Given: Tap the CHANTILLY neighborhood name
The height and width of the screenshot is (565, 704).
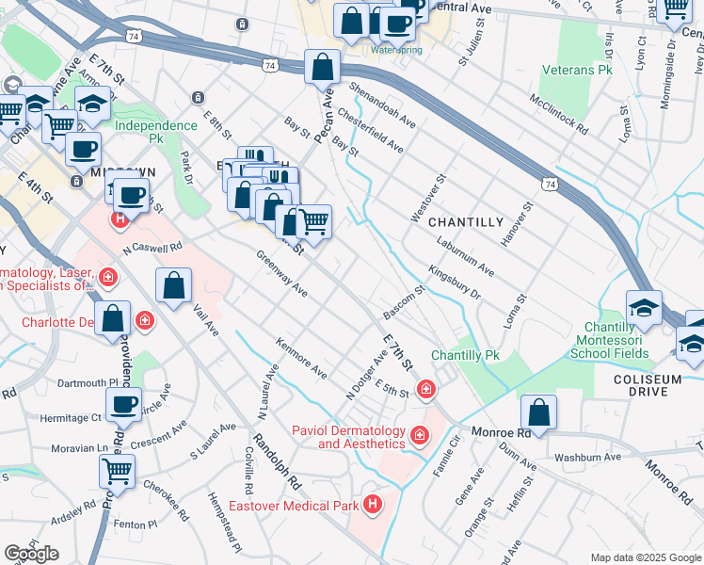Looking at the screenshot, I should coord(466,222).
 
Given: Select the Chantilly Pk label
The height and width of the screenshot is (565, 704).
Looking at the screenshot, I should coord(464,356).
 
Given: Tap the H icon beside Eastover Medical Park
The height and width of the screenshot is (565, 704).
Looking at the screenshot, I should coord(374,506).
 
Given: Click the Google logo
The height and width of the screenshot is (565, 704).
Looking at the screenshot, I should coord(31,554).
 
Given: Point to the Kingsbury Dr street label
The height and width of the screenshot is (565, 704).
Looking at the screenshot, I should coord(455,282).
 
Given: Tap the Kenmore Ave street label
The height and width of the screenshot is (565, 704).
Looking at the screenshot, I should coord(301,359).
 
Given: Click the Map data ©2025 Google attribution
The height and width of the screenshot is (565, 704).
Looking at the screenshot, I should coord(645,557).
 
